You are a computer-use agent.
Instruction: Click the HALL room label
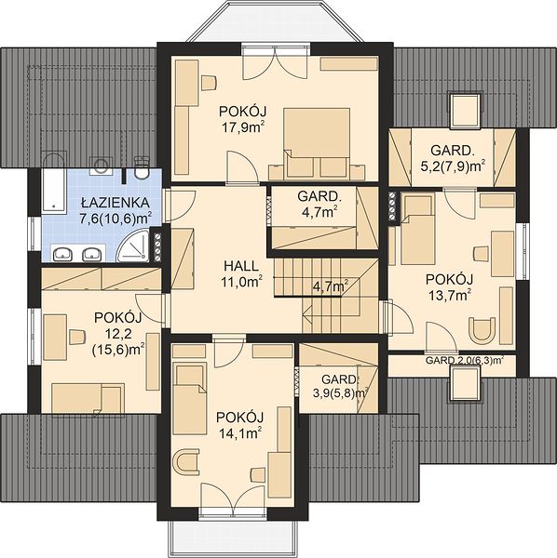tap(241, 266)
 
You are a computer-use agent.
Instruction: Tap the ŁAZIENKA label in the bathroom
tap(115, 203)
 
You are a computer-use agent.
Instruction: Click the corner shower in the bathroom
tap(132, 246)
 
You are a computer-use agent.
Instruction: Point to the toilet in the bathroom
tap(143, 169)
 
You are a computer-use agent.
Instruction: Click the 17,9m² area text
tap(245, 127)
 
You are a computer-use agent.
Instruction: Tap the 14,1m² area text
tap(239, 432)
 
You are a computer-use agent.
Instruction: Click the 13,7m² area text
tap(450, 295)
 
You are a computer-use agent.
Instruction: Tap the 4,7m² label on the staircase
tap(331, 286)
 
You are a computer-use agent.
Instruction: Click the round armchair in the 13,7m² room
tap(482, 330)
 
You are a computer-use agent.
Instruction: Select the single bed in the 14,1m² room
tap(190, 399)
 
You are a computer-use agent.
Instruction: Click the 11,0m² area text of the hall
tap(241, 282)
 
